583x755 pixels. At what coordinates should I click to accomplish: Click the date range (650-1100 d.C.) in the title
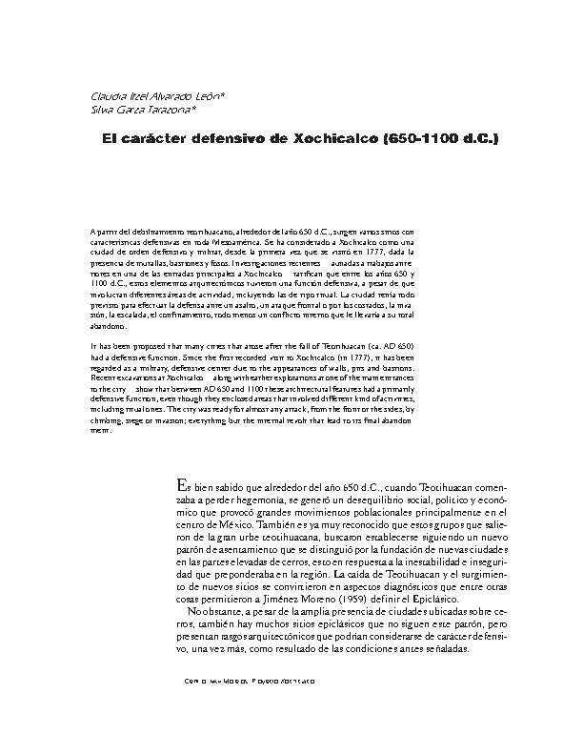439,139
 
